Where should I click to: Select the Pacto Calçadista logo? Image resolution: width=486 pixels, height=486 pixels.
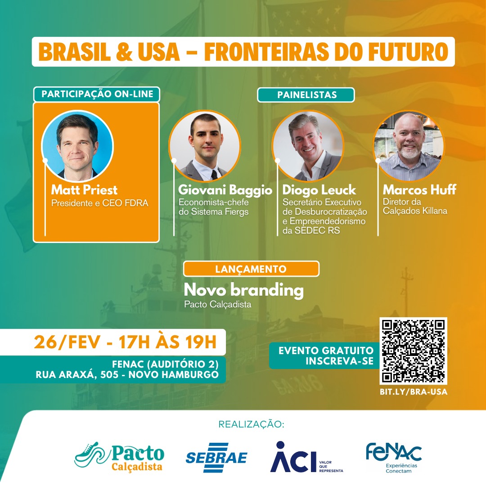coord(119,457)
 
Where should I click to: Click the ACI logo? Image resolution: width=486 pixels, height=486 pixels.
coord(306,457)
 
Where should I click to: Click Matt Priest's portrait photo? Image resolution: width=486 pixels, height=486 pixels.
coord(77,146)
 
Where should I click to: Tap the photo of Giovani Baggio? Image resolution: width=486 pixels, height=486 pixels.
coord(205,146)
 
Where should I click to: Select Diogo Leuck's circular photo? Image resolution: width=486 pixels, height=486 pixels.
coord(308,146)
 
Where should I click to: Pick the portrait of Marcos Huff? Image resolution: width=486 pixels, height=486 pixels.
coord(409,146)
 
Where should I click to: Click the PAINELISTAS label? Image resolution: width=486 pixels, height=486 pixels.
coord(306,95)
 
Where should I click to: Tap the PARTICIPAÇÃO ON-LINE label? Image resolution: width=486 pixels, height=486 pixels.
coord(97,94)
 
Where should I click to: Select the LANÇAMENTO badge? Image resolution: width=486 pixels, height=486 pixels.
coord(251,269)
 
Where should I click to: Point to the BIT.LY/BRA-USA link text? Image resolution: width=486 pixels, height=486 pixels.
coord(414,392)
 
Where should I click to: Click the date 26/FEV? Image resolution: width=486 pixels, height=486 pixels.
coord(67,342)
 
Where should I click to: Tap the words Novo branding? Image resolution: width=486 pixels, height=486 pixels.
coord(243,290)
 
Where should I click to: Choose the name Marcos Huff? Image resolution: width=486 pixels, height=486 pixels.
coord(420,189)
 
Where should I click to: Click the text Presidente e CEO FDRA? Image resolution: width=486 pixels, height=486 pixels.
coord(99,203)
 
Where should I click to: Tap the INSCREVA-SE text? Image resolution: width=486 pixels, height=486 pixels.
coord(339,361)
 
